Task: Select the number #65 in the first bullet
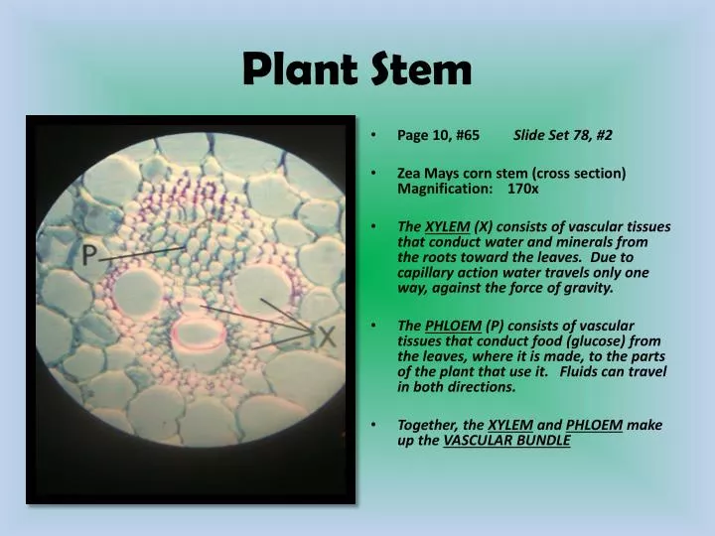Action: tap(465, 134)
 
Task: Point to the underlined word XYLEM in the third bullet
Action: tap(442, 226)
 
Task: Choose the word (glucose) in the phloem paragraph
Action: tap(585, 340)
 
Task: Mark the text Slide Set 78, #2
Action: tap(562, 134)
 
